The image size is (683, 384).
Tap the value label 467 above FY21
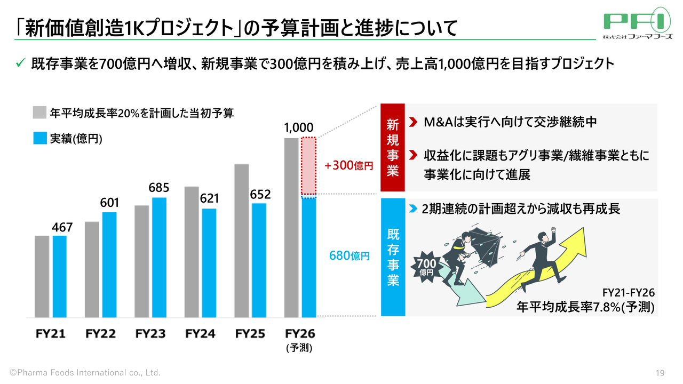click(62, 228)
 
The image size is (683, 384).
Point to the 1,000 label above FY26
click(299, 127)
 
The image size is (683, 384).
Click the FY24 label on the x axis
click(200, 334)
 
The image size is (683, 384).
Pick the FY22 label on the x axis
click(100, 334)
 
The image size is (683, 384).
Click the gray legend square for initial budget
click(39, 113)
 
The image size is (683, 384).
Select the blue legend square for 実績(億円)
click(39, 139)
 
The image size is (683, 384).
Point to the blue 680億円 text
click(349, 257)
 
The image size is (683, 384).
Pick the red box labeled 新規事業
click(393, 148)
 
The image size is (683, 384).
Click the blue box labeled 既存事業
click(393, 258)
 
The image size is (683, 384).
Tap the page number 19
click(660, 373)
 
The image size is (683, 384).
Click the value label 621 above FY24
click(210, 198)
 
